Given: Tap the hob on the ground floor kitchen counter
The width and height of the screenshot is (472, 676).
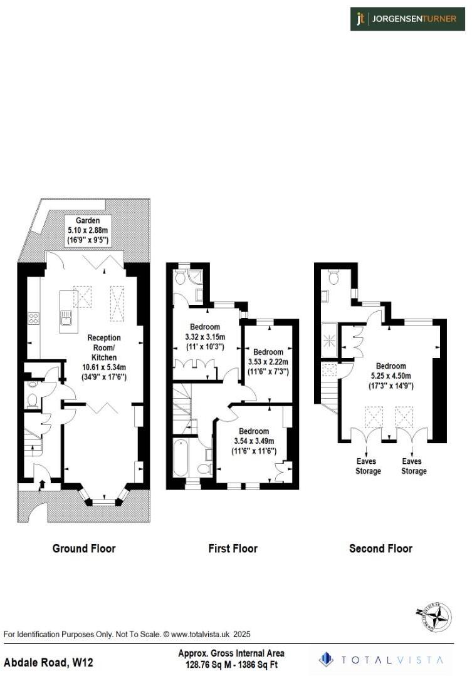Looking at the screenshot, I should [x=34, y=318].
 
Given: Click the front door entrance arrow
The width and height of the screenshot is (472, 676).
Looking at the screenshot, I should [x=41, y=483].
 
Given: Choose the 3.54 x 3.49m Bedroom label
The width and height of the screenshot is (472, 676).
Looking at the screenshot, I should [x=253, y=441].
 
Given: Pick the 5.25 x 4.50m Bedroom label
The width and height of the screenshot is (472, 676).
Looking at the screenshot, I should [x=391, y=376].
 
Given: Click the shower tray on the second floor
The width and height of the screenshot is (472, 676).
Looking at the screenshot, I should [x=329, y=340].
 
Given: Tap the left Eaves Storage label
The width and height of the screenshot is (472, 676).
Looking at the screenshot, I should [x=369, y=466].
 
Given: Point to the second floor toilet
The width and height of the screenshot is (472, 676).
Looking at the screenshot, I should [x=333, y=277].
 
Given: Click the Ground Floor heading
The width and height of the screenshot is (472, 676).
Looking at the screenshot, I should [x=84, y=548].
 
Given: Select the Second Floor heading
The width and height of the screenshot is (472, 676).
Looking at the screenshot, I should [x=380, y=548].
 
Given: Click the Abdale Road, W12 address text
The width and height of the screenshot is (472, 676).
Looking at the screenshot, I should [x=49, y=662].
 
